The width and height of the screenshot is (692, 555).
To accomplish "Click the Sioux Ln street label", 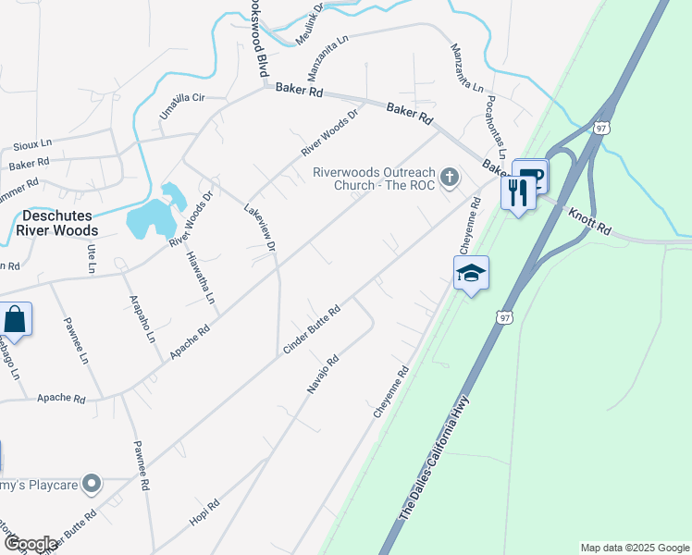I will click(33, 146).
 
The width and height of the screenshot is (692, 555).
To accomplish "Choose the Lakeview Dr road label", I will click(260, 228).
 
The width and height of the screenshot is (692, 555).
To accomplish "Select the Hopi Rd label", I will click(204, 513).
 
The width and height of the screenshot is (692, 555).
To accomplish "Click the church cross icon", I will click(450, 177).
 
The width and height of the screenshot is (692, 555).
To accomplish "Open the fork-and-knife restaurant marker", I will click(516, 192).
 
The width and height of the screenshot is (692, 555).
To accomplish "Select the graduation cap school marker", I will click(471, 273).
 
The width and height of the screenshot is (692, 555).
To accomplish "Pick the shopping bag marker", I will click(16, 320).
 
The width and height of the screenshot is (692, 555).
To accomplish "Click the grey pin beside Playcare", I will click(91, 484).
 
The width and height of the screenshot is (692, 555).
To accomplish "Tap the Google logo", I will click(30, 544).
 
